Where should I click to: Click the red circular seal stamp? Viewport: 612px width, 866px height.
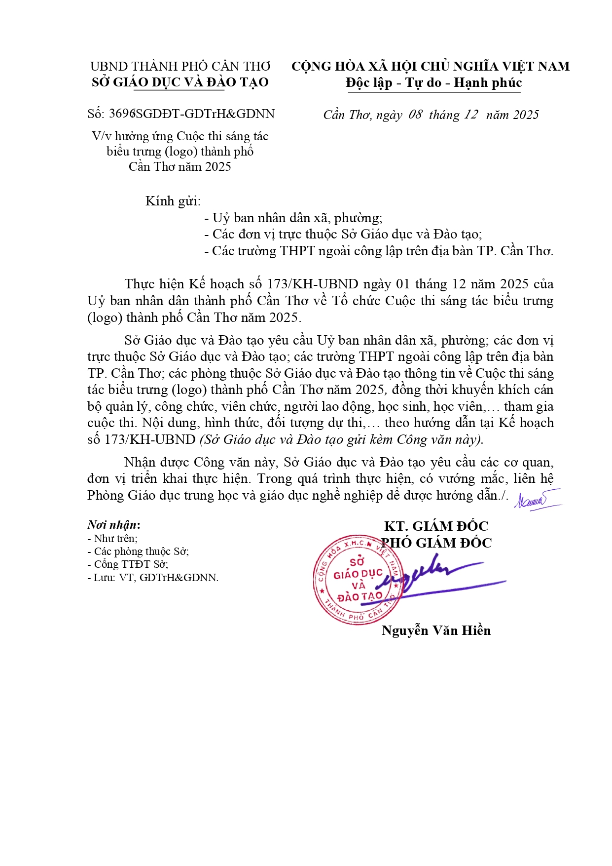tap(358, 579)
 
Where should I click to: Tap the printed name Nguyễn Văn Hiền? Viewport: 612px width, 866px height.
tap(436, 630)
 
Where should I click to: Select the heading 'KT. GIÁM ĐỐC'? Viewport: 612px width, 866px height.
tap(436, 526)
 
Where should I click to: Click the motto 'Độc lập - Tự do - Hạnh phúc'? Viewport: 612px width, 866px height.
tap(433, 82)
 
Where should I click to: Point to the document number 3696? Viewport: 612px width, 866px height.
tap(122, 114)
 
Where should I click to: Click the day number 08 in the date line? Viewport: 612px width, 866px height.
tap(416, 115)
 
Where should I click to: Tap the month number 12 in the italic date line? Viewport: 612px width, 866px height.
tap(470, 115)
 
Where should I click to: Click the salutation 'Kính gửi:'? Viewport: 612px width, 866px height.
tap(173, 201)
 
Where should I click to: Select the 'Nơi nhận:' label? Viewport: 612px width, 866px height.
tap(114, 524)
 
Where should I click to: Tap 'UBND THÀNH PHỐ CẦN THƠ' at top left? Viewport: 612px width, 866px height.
tap(180, 66)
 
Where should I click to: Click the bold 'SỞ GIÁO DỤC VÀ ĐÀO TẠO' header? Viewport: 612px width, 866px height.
tap(180, 82)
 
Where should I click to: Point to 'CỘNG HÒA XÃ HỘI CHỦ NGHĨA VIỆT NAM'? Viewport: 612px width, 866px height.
tap(430, 66)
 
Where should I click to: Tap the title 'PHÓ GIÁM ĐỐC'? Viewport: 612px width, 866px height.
tap(437, 543)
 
